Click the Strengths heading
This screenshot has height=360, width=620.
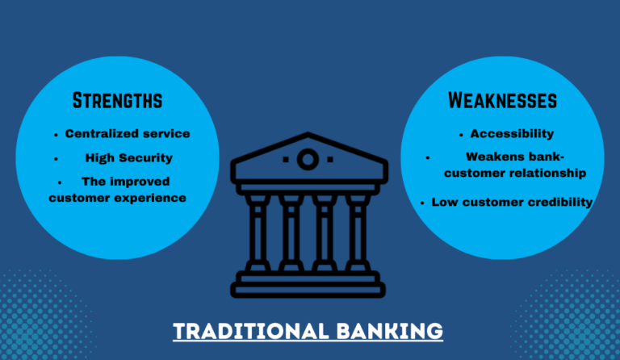click(x=117, y=101)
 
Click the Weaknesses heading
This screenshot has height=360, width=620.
click(x=502, y=101)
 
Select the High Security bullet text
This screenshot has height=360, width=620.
click(x=128, y=157)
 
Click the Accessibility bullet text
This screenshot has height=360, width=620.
click(x=512, y=133)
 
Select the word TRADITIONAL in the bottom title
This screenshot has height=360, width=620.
click(x=245, y=331)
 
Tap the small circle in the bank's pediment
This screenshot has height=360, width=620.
click(x=308, y=159)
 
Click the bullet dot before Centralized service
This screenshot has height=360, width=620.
click(x=56, y=134)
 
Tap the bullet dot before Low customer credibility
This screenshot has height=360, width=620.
click(x=422, y=203)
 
